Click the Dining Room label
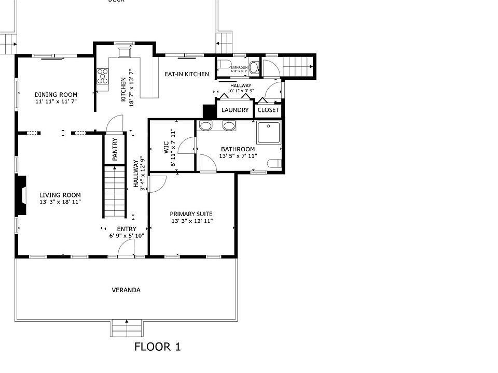point(56,95)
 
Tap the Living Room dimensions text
point(60,202)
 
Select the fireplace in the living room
point(21,195)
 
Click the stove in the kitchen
point(103,76)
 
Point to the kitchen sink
point(124,52)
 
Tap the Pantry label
point(115,149)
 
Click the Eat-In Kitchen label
point(187,74)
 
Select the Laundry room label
point(235,110)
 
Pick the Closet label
point(268,110)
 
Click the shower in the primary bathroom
point(268,133)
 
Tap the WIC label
point(167,148)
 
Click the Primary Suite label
point(191,214)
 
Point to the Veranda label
point(126,290)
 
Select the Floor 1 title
point(157,347)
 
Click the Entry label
point(127,229)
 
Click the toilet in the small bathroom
point(225,66)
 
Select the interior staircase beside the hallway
point(115,191)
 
